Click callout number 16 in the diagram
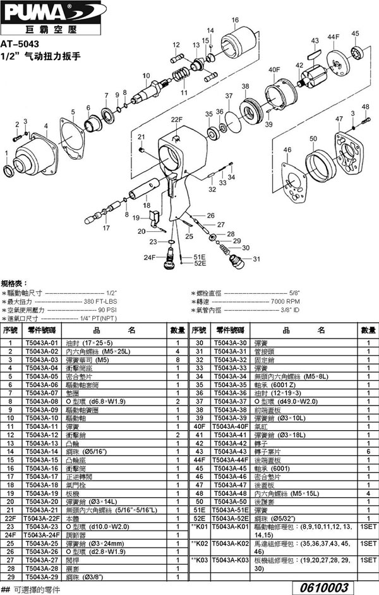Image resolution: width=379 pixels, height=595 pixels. click(x=234, y=20)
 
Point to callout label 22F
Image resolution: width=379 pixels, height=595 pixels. click(x=176, y=119)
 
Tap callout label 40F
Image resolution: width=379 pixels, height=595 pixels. click(x=274, y=69)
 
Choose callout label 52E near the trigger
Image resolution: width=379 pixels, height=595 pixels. click(x=200, y=263)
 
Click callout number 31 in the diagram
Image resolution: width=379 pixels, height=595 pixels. click(x=256, y=259)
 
